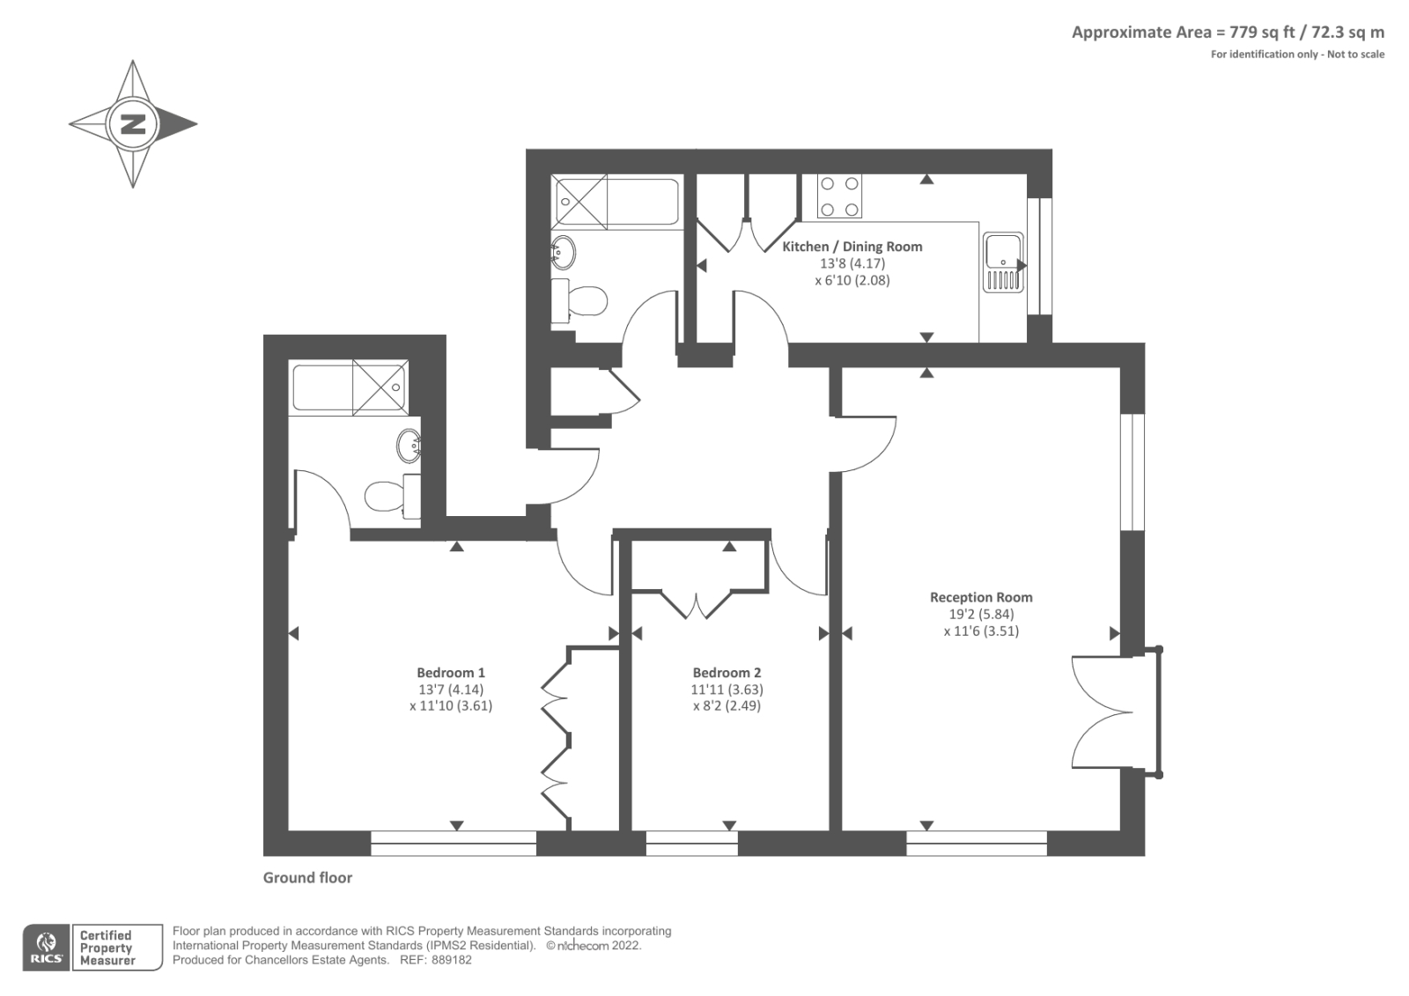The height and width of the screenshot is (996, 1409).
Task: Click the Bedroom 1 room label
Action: click(x=451, y=673)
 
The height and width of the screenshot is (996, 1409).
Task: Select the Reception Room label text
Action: click(x=981, y=597)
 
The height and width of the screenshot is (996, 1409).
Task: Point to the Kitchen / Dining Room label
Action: click(x=852, y=247)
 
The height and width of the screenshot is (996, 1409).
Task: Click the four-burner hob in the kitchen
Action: click(x=839, y=196)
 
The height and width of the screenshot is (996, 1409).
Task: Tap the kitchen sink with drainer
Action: click(x=1003, y=262)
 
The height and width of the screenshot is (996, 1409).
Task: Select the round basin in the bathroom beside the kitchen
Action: click(x=564, y=253)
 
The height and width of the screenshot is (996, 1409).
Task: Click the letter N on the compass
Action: click(x=133, y=123)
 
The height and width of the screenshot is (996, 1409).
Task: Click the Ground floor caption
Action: click(x=307, y=878)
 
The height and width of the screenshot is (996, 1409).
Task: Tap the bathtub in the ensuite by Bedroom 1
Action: click(x=349, y=387)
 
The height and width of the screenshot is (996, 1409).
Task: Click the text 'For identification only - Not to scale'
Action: click(x=1297, y=55)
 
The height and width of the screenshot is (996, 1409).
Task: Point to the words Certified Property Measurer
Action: click(x=107, y=948)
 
